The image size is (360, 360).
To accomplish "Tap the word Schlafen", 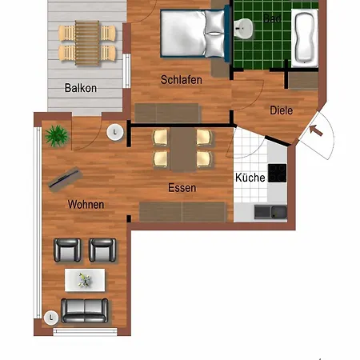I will (181, 80).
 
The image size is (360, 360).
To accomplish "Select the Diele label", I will (281, 111).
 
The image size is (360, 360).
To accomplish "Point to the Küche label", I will (250, 178).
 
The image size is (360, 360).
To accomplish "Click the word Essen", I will (182, 189).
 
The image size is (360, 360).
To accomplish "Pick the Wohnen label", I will (86, 205).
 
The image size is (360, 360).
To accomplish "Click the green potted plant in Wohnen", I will (57, 135).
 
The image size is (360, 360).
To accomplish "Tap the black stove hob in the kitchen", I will (278, 172).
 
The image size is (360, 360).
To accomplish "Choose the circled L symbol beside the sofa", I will (51, 317).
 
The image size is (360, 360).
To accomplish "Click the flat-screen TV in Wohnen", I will (65, 178).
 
